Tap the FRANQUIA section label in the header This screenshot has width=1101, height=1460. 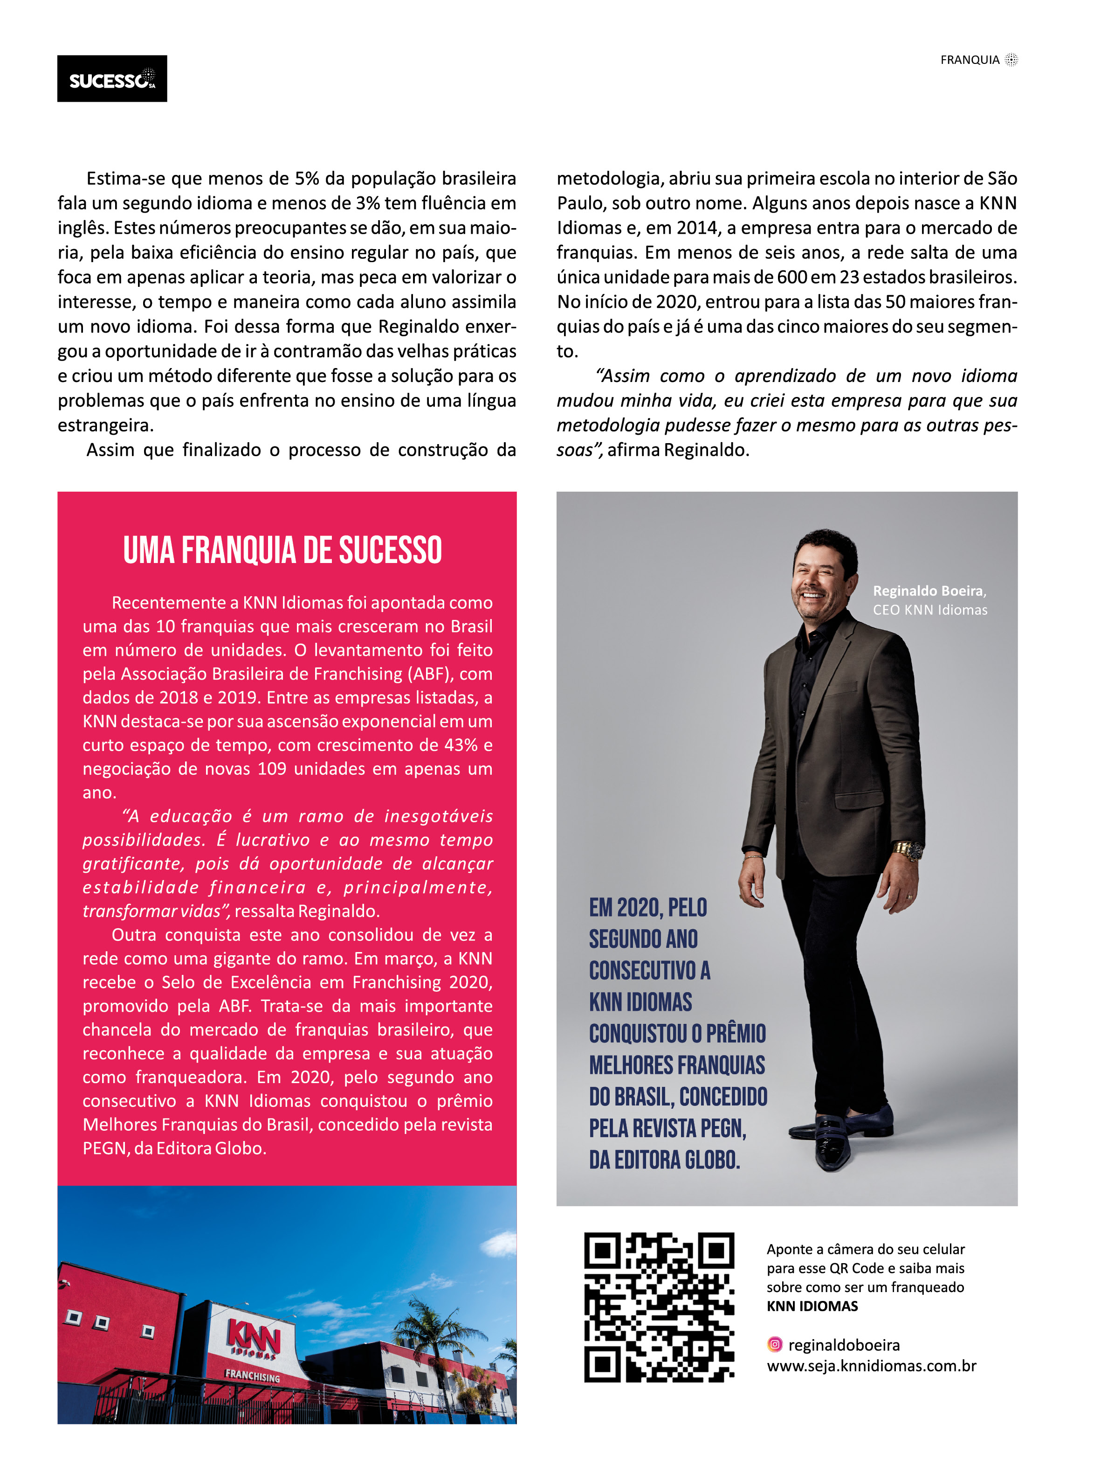point(969,60)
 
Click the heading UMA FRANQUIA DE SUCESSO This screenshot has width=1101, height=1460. point(282,550)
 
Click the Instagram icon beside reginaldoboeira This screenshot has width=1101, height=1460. point(775,1344)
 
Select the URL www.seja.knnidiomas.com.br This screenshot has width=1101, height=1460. point(871,1366)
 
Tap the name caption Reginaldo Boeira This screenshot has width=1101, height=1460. point(928,591)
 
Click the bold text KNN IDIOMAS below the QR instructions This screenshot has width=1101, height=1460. point(812,1306)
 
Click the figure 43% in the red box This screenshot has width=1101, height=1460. point(461,745)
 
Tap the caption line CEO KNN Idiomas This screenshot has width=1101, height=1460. point(929,610)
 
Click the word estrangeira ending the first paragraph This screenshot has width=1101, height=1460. point(105,426)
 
